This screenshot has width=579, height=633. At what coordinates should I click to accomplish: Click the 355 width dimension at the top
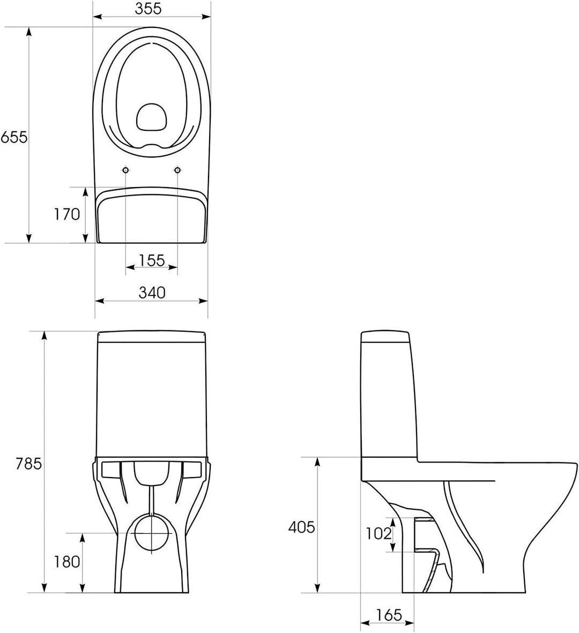pos(148,9)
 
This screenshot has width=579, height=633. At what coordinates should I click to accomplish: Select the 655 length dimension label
pos(14,137)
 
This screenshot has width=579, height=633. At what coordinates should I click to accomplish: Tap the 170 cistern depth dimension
pos(68,214)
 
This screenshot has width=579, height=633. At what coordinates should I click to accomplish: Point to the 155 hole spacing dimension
pos(152,260)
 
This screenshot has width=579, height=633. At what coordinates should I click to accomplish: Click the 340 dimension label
pos(152,292)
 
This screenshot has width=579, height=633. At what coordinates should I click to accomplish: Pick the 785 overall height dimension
pos(28,464)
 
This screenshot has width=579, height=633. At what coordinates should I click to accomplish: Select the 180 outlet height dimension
pos(67,562)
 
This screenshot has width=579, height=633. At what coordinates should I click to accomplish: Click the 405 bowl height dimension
pos(301,527)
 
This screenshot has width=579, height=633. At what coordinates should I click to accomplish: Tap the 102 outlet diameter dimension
pos(378,533)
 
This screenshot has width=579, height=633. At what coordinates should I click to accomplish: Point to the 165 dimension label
pos(389,615)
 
